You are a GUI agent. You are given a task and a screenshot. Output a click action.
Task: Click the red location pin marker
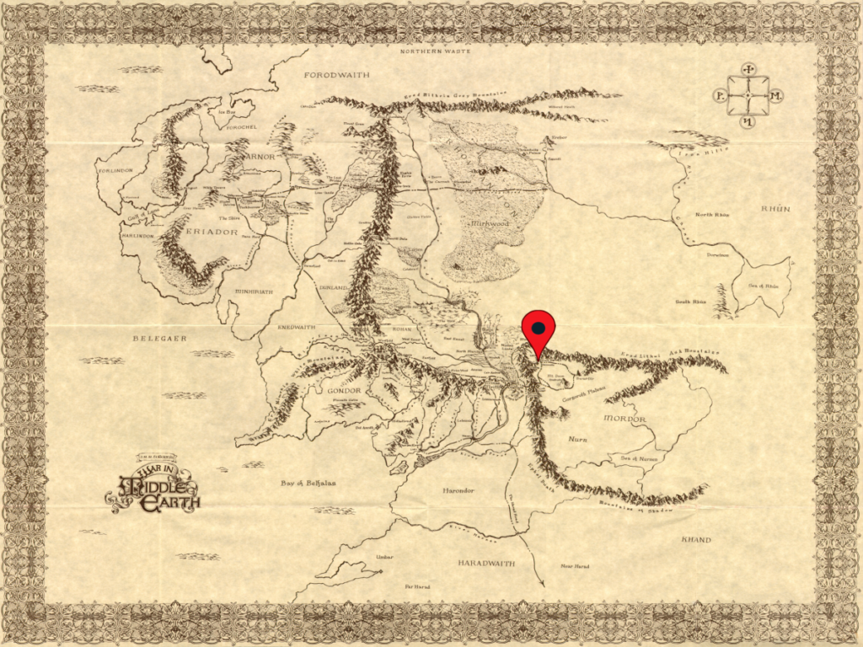pos(539,329)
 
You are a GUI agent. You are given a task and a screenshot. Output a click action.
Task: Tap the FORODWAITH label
pos(337,75)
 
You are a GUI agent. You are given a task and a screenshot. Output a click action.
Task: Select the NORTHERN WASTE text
pos(432,51)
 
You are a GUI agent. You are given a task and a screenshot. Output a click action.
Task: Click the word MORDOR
pos(624,419)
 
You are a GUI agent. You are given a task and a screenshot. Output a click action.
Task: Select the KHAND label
pos(696,539)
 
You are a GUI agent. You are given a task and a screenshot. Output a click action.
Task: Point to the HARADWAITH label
pos(486,562)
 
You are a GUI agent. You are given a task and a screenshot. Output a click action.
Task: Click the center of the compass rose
pos(748,96)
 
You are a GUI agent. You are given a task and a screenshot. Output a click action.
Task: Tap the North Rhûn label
pos(712,215)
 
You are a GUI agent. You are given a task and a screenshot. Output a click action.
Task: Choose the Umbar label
pos(384,557)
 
